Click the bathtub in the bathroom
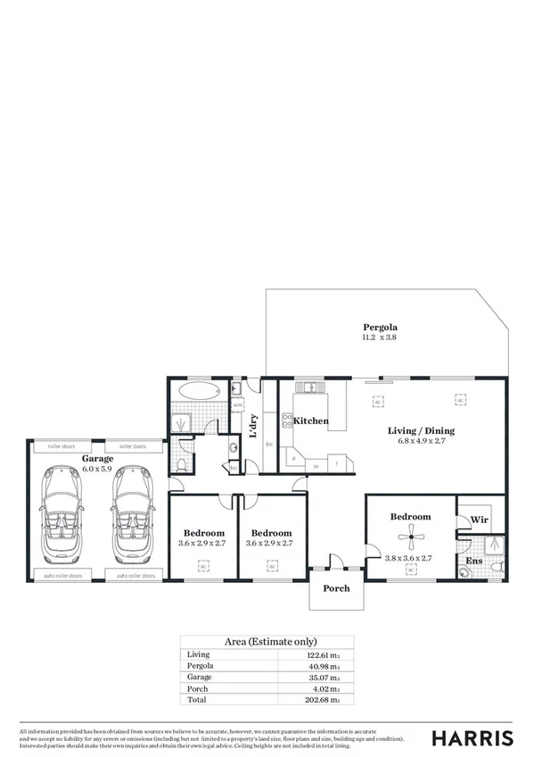[196, 390]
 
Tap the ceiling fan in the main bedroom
[411, 535]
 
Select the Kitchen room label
[311, 420]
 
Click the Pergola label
[379, 327]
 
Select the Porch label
[336, 588]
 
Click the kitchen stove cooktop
[289, 421]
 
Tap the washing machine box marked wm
[237, 405]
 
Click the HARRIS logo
[472, 737]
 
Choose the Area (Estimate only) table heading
[267, 641]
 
